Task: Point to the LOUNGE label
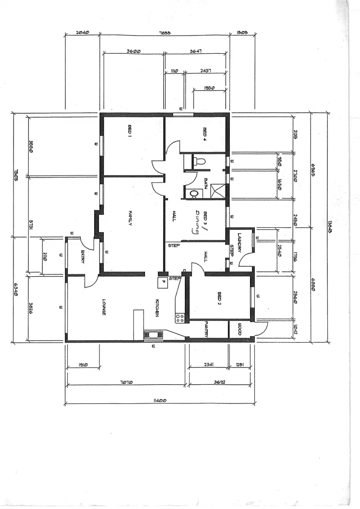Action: coord(104,308)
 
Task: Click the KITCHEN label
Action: coord(156,307)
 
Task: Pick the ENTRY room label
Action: coord(83,257)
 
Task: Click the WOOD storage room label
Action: coord(239,331)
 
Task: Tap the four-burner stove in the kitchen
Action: coord(180,317)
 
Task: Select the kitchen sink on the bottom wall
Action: coord(154,335)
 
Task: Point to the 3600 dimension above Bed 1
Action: coord(133,51)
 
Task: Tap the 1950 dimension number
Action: coord(208,88)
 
